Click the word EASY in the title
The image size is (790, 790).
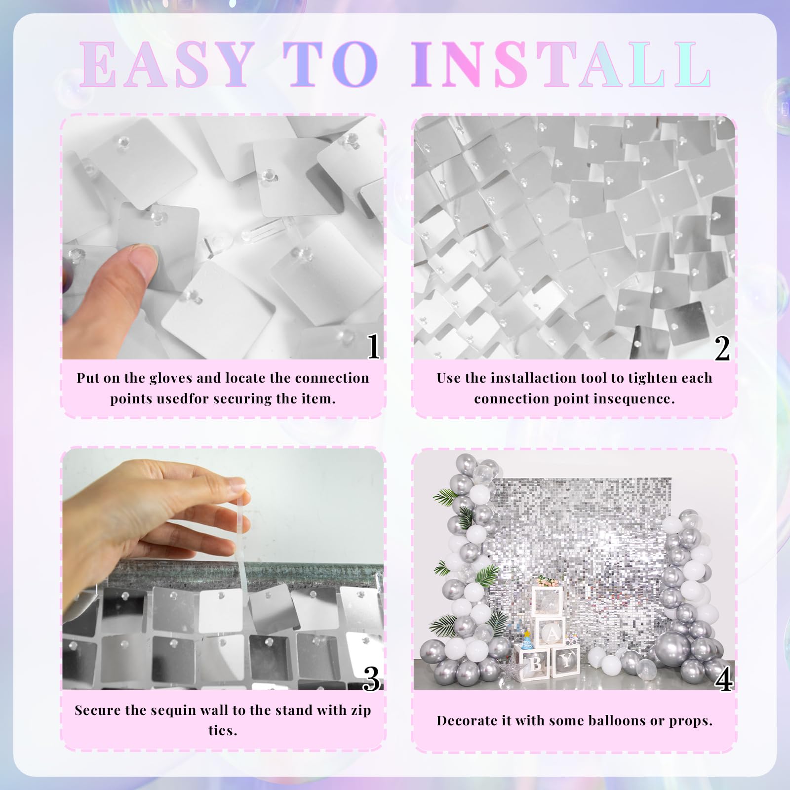(166, 65)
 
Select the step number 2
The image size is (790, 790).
(722, 348)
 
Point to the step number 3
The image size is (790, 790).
(371, 679)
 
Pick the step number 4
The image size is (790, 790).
(723, 680)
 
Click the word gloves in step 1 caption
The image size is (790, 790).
(169, 378)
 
